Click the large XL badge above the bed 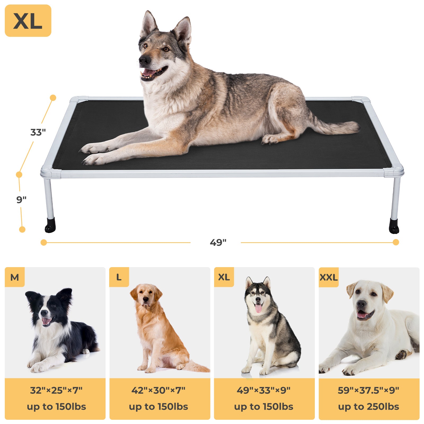(28, 21)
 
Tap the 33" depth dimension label (38, 132)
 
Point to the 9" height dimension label (21, 200)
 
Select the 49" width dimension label (218, 242)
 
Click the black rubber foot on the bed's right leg (394, 227)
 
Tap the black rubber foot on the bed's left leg (50, 226)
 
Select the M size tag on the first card (15, 277)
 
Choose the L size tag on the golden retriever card (119, 277)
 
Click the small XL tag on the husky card (224, 277)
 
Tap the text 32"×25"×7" (56, 390)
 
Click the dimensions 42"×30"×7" (158, 390)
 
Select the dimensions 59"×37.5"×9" (368, 390)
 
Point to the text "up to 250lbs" (368, 407)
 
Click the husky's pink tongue (258, 308)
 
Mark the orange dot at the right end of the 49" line (396, 242)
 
